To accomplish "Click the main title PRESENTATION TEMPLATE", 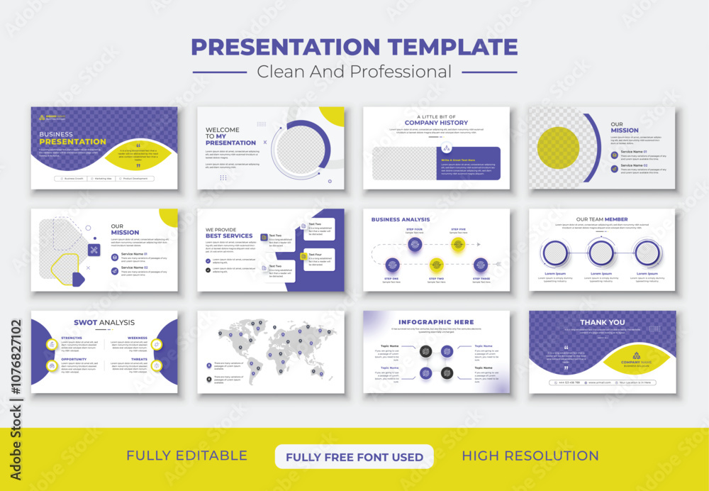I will click(354, 47).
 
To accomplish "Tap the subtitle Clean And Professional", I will click(354, 72).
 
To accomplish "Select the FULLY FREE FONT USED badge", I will click(354, 457).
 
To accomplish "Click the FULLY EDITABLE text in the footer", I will click(186, 456).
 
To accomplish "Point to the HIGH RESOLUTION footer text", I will click(530, 456).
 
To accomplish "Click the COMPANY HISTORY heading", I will click(436, 123).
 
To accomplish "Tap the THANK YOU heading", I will click(602, 322).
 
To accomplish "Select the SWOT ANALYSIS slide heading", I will click(104, 323).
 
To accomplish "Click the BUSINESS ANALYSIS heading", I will click(401, 220).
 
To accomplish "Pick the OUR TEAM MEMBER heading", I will click(601, 219).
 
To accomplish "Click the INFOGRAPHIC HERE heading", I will click(436, 322).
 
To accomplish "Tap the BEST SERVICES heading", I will click(229, 236).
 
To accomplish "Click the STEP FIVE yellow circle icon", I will click(458, 244).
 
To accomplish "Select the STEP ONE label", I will click(391, 279).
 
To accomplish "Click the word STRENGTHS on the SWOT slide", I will click(72, 338).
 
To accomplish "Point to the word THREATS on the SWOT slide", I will click(138, 359).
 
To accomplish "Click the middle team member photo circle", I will click(601, 253).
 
